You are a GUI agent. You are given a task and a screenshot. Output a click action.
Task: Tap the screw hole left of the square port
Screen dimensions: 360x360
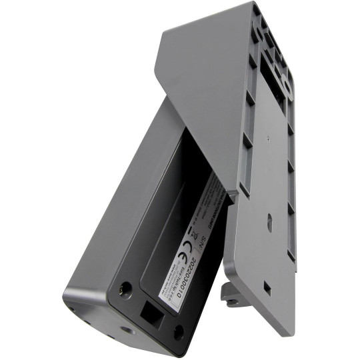tap(123, 289)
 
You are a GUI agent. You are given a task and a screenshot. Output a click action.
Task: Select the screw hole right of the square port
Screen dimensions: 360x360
tap(178, 331)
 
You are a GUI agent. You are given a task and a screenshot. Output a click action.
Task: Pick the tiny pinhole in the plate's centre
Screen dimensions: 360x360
tap(265, 140)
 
